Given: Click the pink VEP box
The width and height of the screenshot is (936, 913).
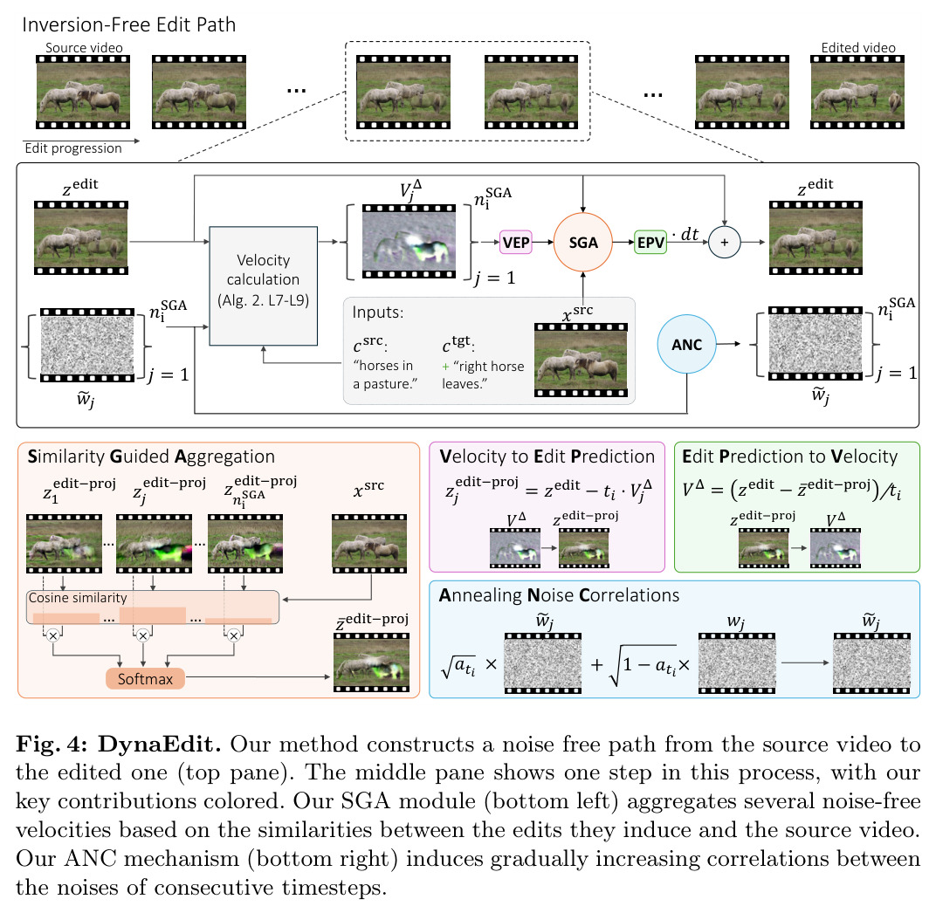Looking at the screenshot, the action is tap(515, 243).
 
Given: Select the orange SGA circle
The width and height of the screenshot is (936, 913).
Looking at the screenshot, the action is tap(582, 243).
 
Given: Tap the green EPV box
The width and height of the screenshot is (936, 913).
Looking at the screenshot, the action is tap(650, 243).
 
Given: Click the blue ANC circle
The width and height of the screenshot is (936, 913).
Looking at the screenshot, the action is tap(686, 344).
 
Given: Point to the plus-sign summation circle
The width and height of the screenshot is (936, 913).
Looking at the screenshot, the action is tap(724, 243).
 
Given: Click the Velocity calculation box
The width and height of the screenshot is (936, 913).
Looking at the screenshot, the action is tap(264, 285).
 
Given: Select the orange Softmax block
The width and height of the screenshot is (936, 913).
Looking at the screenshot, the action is tap(145, 679).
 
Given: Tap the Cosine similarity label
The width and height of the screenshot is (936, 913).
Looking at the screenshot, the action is tap(78, 598).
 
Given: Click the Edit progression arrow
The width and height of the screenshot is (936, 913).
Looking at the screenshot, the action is tap(81, 141).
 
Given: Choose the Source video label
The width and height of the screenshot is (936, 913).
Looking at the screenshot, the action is tap(84, 48).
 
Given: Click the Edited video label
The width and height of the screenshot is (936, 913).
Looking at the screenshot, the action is tap(858, 48).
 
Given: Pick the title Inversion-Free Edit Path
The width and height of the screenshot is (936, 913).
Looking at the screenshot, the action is tap(129, 24).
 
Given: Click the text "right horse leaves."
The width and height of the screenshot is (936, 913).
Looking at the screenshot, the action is tap(483, 374).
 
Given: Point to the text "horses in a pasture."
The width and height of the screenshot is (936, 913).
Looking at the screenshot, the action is tap(385, 374).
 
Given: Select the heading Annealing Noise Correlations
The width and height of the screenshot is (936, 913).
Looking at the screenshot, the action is tap(559, 595).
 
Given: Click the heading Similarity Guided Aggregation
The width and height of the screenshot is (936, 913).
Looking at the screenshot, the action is tap(151, 456).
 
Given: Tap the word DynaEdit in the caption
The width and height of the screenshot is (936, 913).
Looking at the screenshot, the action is tap(160, 745).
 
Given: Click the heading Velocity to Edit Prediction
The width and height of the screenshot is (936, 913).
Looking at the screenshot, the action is tap(547, 456).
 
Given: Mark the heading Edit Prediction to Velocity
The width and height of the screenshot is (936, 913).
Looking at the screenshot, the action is tap(789, 456).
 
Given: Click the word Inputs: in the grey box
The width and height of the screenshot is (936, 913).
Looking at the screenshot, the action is tap(378, 312).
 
